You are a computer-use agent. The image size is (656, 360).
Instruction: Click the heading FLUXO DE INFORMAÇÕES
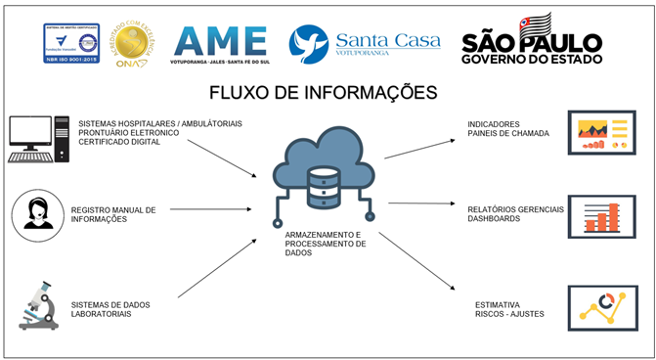323,95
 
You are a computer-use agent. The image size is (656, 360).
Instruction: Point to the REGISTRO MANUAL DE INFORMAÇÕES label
113,214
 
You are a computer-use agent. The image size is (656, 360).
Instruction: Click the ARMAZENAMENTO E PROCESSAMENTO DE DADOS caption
324,244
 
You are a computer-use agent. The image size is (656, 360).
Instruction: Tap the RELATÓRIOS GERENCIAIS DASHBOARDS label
506,213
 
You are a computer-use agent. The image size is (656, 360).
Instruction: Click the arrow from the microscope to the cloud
217,266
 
